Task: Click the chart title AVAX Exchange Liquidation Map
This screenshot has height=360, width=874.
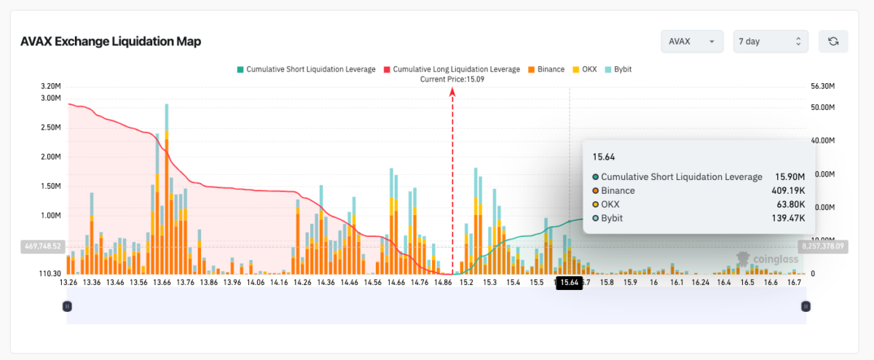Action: coord(111,42)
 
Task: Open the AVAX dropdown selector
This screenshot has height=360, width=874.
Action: coord(691,42)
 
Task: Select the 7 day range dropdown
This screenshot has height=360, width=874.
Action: coord(770,42)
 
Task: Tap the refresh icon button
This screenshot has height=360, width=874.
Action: coord(833,42)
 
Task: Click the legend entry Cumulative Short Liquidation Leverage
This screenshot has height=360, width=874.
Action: coord(306,69)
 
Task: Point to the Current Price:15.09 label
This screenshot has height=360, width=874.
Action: coord(452,79)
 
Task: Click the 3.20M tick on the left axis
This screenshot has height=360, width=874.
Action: coord(50,86)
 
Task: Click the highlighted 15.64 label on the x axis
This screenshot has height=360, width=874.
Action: coord(569,283)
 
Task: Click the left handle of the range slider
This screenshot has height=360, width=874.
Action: coord(67,307)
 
